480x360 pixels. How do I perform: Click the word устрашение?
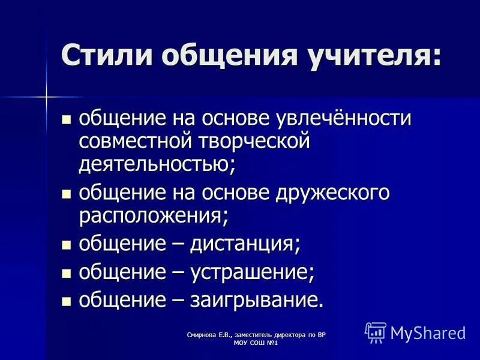coord(251,272)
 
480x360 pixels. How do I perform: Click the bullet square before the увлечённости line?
coord(67,119)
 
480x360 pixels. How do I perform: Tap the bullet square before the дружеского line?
coord(67,194)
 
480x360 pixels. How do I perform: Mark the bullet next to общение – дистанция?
coord(67,245)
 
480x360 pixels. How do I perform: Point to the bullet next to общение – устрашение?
coord(67,273)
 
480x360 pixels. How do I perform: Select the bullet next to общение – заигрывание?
coord(67,301)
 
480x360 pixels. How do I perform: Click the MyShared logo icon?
coord(376,332)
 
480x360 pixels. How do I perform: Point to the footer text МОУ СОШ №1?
coord(259,343)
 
